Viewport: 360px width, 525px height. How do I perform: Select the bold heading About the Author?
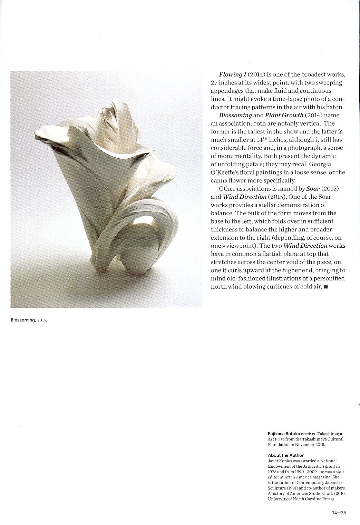[285, 455]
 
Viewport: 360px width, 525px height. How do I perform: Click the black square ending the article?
[326, 287]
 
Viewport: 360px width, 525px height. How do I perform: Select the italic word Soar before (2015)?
[313, 189]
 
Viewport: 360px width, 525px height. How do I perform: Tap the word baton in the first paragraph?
[336, 107]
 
